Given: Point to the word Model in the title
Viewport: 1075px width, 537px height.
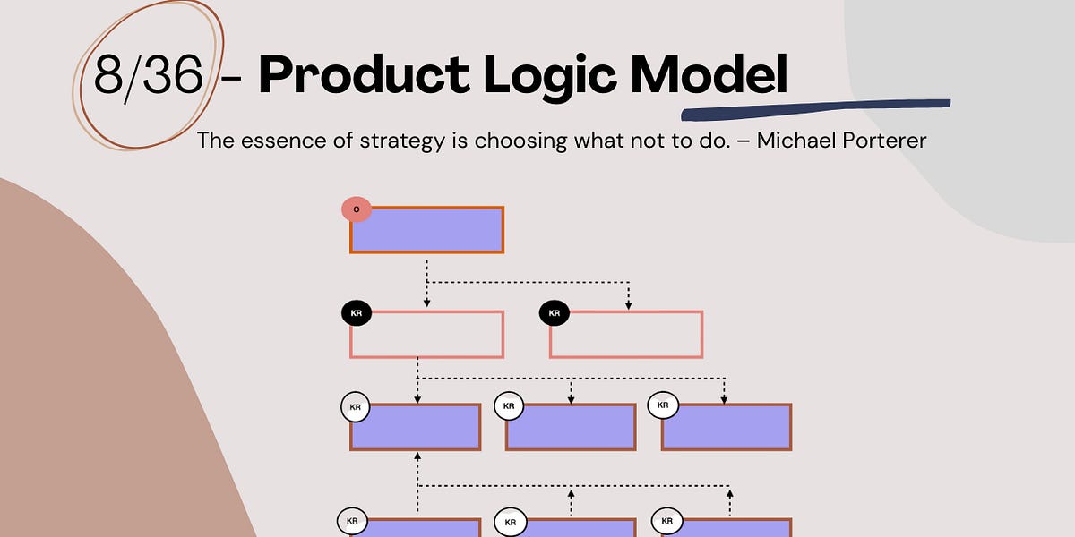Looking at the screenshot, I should (x=709, y=75).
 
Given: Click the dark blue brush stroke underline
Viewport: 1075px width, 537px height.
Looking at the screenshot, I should (x=815, y=108).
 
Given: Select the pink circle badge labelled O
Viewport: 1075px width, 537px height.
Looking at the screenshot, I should (x=357, y=209).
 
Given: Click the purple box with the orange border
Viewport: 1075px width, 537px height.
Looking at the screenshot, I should (x=426, y=230).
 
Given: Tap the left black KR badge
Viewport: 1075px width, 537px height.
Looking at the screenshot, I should (x=357, y=313).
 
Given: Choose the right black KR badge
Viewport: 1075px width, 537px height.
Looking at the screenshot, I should (x=555, y=313).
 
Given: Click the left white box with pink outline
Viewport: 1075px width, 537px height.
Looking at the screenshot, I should (x=426, y=335).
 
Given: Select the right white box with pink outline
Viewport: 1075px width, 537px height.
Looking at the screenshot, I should (x=626, y=335).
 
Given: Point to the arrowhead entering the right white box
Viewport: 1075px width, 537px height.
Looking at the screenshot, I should (x=627, y=305).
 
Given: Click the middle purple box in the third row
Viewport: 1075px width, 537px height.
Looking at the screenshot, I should (x=571, y=427).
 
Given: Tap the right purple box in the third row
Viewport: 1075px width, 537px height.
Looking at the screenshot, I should (x=727, y=427).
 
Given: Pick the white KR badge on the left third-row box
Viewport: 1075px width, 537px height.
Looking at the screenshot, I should (x=356, y=407).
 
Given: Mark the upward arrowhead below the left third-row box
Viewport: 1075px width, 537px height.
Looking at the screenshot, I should (x=417, y=457).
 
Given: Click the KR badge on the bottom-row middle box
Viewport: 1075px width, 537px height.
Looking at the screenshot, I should (x=510, y=522).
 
